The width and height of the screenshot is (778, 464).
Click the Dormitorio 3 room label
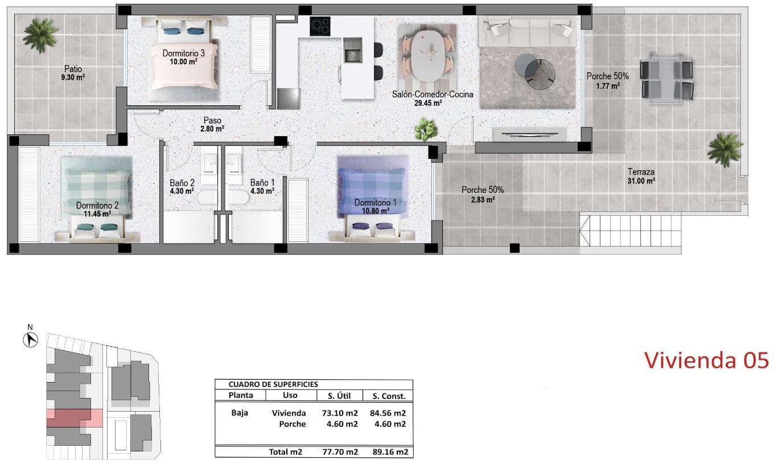(183, 58)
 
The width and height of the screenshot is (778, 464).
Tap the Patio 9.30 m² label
(73, 73)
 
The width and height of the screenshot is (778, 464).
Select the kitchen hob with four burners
(320, 26)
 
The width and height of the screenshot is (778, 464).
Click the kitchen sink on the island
(352, 51)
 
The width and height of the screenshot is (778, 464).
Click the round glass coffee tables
(535, 72)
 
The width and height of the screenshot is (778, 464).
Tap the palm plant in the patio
(40, 35)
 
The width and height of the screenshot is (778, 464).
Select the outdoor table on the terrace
(666, 79)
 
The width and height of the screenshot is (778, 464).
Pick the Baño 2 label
(182, 187)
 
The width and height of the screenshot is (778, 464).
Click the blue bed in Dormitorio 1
(372, 198)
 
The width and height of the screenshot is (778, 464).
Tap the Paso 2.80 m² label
(212, 125)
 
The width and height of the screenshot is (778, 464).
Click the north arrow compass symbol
(31, 339)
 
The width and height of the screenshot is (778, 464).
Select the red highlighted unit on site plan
(75, 418)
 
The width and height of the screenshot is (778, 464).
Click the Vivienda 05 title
(706, 360)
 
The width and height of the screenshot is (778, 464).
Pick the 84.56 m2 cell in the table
(388, 413)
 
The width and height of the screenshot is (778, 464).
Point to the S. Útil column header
(339, 396)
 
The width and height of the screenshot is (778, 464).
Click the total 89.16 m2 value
(390, 452)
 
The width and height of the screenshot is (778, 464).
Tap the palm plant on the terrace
(725, 150)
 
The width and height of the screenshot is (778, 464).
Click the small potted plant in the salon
(426, 129)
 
